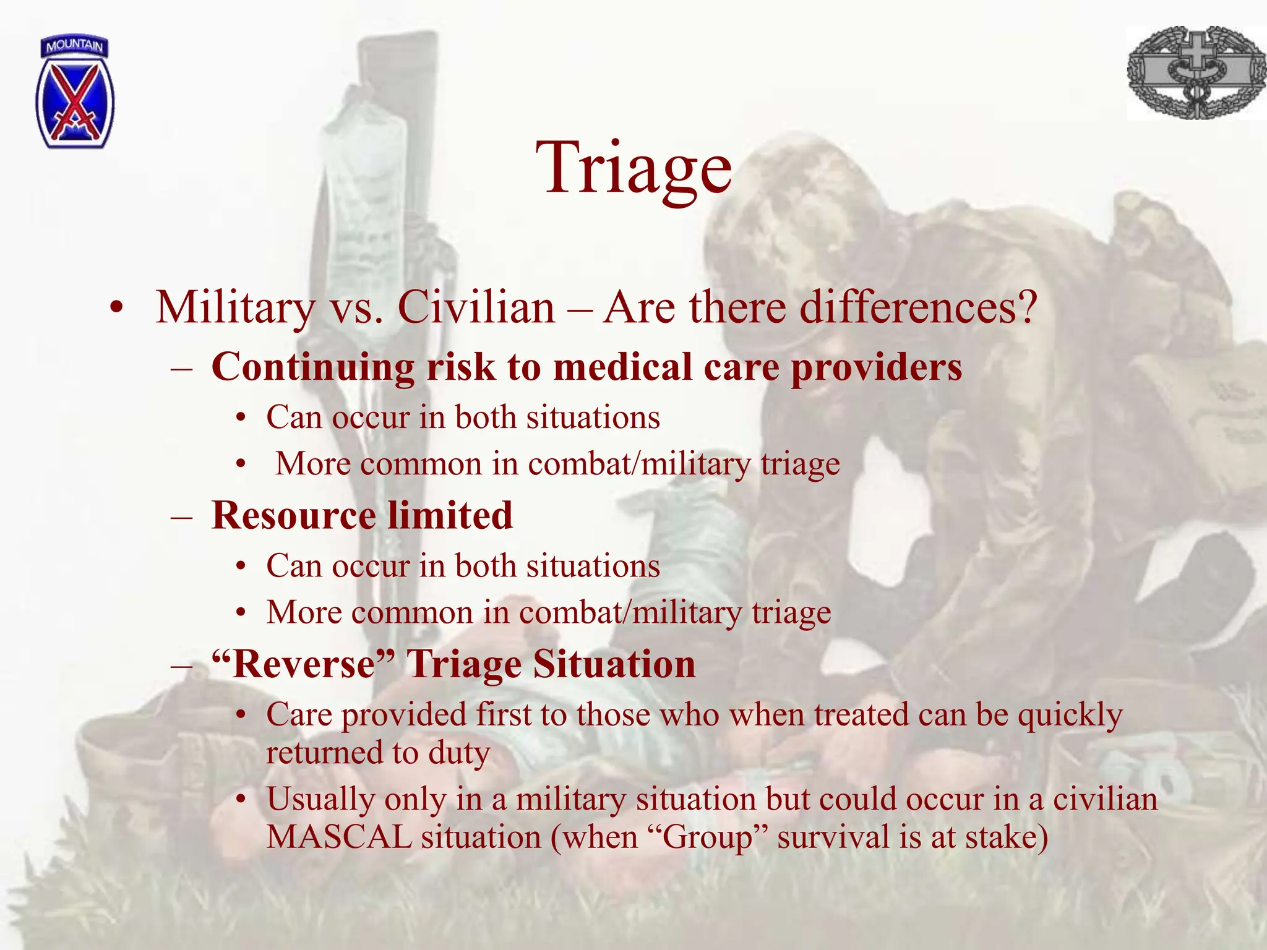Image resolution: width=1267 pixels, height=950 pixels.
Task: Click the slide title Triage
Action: pyautogui.click(x=633, y=167)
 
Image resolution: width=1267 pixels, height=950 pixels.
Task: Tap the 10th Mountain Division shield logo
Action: pyautogui.click(x=75, y=93)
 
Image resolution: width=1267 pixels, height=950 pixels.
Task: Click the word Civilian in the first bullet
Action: pyautogui.click(x=476, y=307)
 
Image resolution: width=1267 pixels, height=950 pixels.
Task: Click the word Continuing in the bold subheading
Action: pyautogui.click(x=312, y=367)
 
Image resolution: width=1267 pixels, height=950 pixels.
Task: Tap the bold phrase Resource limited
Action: pyautogui.click(x=362, y=516)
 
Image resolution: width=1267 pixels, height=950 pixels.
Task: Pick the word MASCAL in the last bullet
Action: pyautogui.click(x=338, y=837)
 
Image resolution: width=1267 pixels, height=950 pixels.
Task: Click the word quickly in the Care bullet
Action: pyautogui.click(x=1070, y=715)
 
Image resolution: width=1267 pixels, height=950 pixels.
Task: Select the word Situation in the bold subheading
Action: pyautogui.click(x=614, y=664)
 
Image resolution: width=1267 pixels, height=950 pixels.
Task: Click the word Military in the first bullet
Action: pyautogui.click(x=235, y=307)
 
